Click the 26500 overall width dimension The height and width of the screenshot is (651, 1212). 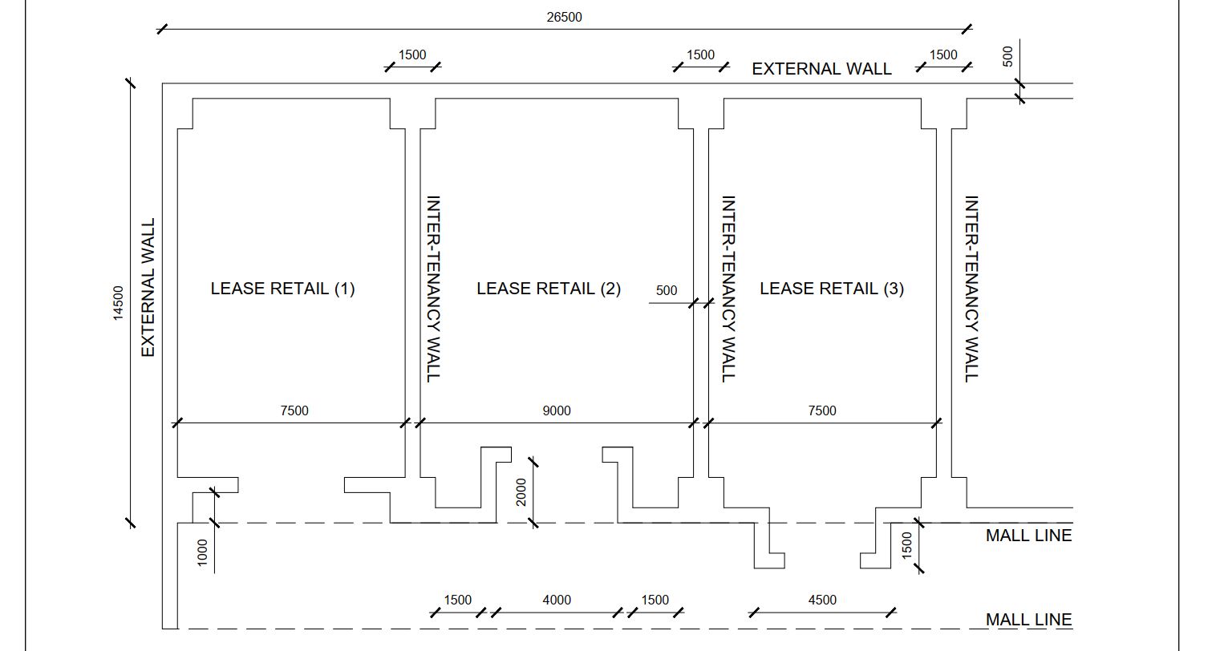tap(564, 17)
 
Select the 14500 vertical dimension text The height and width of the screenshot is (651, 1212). tap(119, 303)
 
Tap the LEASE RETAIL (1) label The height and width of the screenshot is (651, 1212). tap(282, 289)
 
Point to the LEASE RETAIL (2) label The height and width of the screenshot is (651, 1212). tap(549, 289)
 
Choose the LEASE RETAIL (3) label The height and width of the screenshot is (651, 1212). tap(832, 289)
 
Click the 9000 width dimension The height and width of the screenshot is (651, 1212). tap(557, 410)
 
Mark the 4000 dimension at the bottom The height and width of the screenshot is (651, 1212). tap(557, 600)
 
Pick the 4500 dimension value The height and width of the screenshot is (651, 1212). tap(821, 600)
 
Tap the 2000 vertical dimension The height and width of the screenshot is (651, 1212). tap(521, 492)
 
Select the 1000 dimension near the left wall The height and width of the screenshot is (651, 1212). tap(202, 552)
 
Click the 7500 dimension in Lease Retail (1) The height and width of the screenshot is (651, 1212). tap(294, 410)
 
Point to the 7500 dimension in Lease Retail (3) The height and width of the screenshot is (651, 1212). tap(821, 410)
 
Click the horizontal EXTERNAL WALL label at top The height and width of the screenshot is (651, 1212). tap(821, 69)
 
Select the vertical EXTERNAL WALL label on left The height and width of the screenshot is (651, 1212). tap(148, 287)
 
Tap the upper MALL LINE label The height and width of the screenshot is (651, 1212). tap(1028, 536)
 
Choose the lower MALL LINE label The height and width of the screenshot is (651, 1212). tap(1028, 620)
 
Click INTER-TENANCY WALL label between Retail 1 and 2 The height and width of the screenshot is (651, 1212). tap(433, 289)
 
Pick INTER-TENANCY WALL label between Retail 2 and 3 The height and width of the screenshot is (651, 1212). tap(728, 289)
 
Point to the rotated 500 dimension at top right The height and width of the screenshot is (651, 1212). tap(1008, 56)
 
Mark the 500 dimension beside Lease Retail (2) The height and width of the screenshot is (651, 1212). tap(667, 290)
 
